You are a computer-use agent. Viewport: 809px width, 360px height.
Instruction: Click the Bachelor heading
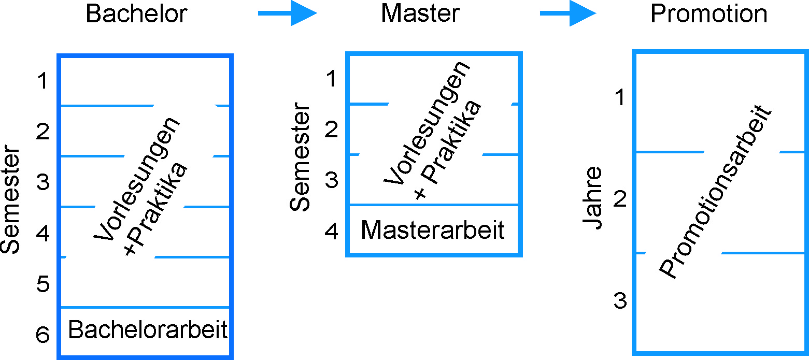(136, 14)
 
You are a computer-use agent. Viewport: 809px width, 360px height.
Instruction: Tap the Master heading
(420, 14)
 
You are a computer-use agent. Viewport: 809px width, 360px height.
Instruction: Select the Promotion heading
(708, 14)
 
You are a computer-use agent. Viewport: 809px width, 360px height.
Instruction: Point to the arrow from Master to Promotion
(568, 14)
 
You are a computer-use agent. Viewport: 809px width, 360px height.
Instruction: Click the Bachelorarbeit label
(148, 330)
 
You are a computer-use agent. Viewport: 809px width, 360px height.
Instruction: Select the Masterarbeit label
(433, 229)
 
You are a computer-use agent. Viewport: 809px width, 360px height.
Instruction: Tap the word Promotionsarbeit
(716, 193)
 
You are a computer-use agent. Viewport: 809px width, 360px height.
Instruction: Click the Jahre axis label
(592, 198)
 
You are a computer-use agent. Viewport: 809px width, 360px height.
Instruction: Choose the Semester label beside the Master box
(300, 158)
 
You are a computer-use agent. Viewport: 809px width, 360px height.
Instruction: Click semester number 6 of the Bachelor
(43, 336)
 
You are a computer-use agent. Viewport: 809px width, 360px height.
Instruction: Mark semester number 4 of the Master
(332, 232)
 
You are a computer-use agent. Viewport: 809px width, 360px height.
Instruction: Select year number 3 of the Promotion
(620, 300)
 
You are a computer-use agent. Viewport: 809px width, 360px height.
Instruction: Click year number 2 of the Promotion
(620, 199)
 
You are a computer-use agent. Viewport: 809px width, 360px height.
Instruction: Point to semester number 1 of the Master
(332, 79)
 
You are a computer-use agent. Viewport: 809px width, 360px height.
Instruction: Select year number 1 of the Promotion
(620, 97)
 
